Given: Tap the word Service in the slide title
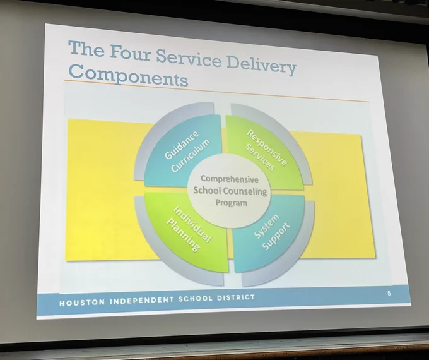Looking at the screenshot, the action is [189, 58].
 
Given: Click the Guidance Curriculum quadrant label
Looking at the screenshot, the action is [187, 152].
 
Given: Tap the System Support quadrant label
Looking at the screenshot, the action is [271, 232].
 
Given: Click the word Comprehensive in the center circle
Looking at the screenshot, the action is [230, 179].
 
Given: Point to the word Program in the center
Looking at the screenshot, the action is [232, 203].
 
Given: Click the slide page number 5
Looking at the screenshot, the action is [389, 294].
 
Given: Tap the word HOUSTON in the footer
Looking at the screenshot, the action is [82, 302].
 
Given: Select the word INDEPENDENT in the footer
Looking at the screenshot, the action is [142, 300].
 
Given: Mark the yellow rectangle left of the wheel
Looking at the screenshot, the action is [109, 189].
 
